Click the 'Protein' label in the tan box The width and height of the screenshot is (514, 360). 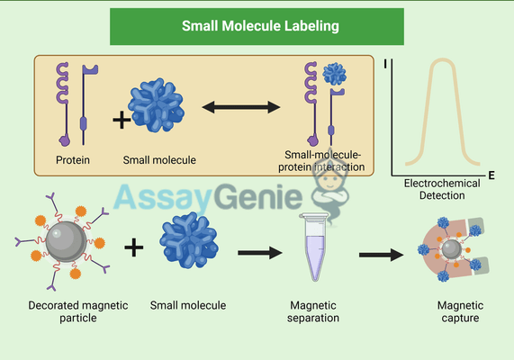click(72, 160)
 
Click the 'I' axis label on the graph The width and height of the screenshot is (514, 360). click(385, 64)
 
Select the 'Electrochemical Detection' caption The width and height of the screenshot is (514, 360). click(442, 188)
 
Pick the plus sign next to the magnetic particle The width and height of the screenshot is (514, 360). click(133, 246)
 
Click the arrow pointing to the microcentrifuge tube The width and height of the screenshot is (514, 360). click(261, 253)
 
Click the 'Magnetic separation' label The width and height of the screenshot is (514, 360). click(313, 311)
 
